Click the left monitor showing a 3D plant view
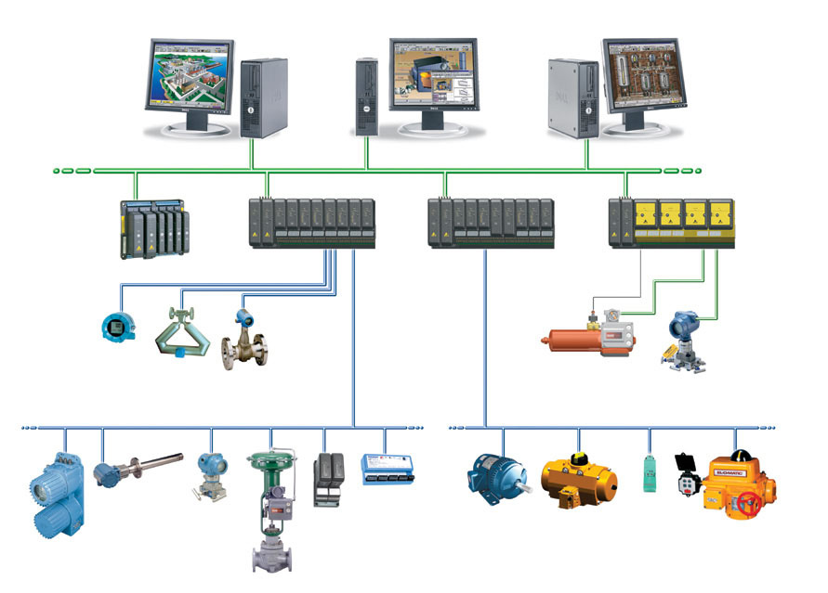(190, 79)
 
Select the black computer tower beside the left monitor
(263, 97)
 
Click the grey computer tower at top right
(572, 97)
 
